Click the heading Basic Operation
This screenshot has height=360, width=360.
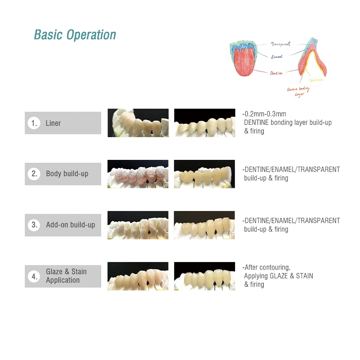point(75,35)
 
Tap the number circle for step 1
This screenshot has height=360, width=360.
point(34,123)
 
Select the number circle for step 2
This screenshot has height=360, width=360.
point(34,174)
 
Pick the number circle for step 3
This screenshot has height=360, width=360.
point(34,225)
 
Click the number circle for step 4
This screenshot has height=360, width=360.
point(34,276)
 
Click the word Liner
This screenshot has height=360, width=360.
point(53,123)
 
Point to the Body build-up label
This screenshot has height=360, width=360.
point(67,174)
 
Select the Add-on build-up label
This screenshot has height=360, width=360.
point(71,225)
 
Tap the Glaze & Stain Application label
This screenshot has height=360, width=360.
point(66,276)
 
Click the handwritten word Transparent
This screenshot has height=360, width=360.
point(281,44)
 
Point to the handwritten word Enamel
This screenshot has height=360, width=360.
point(276,57)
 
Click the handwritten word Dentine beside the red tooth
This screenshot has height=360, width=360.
point(276,73)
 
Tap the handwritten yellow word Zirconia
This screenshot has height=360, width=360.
point(316,80)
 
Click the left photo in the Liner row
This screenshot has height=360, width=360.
point(138,123)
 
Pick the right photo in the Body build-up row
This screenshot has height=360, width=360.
point(204,174)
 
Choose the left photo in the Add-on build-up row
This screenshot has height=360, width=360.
point(138,225)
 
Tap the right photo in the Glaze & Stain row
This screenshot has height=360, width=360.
point(204,276)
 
